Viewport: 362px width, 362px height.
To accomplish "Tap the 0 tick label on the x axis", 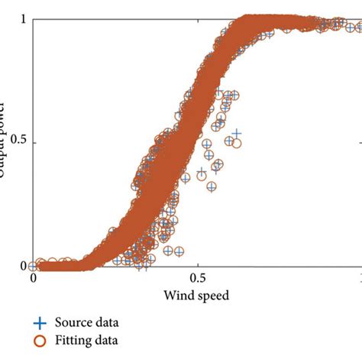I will click(34, 279).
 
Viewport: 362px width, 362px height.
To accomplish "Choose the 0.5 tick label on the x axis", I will click(197, 279).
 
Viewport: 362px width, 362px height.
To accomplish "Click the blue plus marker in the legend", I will click(37, 323).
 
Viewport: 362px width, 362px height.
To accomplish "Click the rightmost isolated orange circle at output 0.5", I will click(237, 143).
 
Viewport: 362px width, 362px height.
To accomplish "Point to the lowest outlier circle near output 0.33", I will click(213, 186).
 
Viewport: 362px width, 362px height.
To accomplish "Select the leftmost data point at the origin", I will click(34, 266).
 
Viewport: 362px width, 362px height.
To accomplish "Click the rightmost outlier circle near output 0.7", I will click(234, 96).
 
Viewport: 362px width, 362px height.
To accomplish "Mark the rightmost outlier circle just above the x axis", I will click(179, 250).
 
